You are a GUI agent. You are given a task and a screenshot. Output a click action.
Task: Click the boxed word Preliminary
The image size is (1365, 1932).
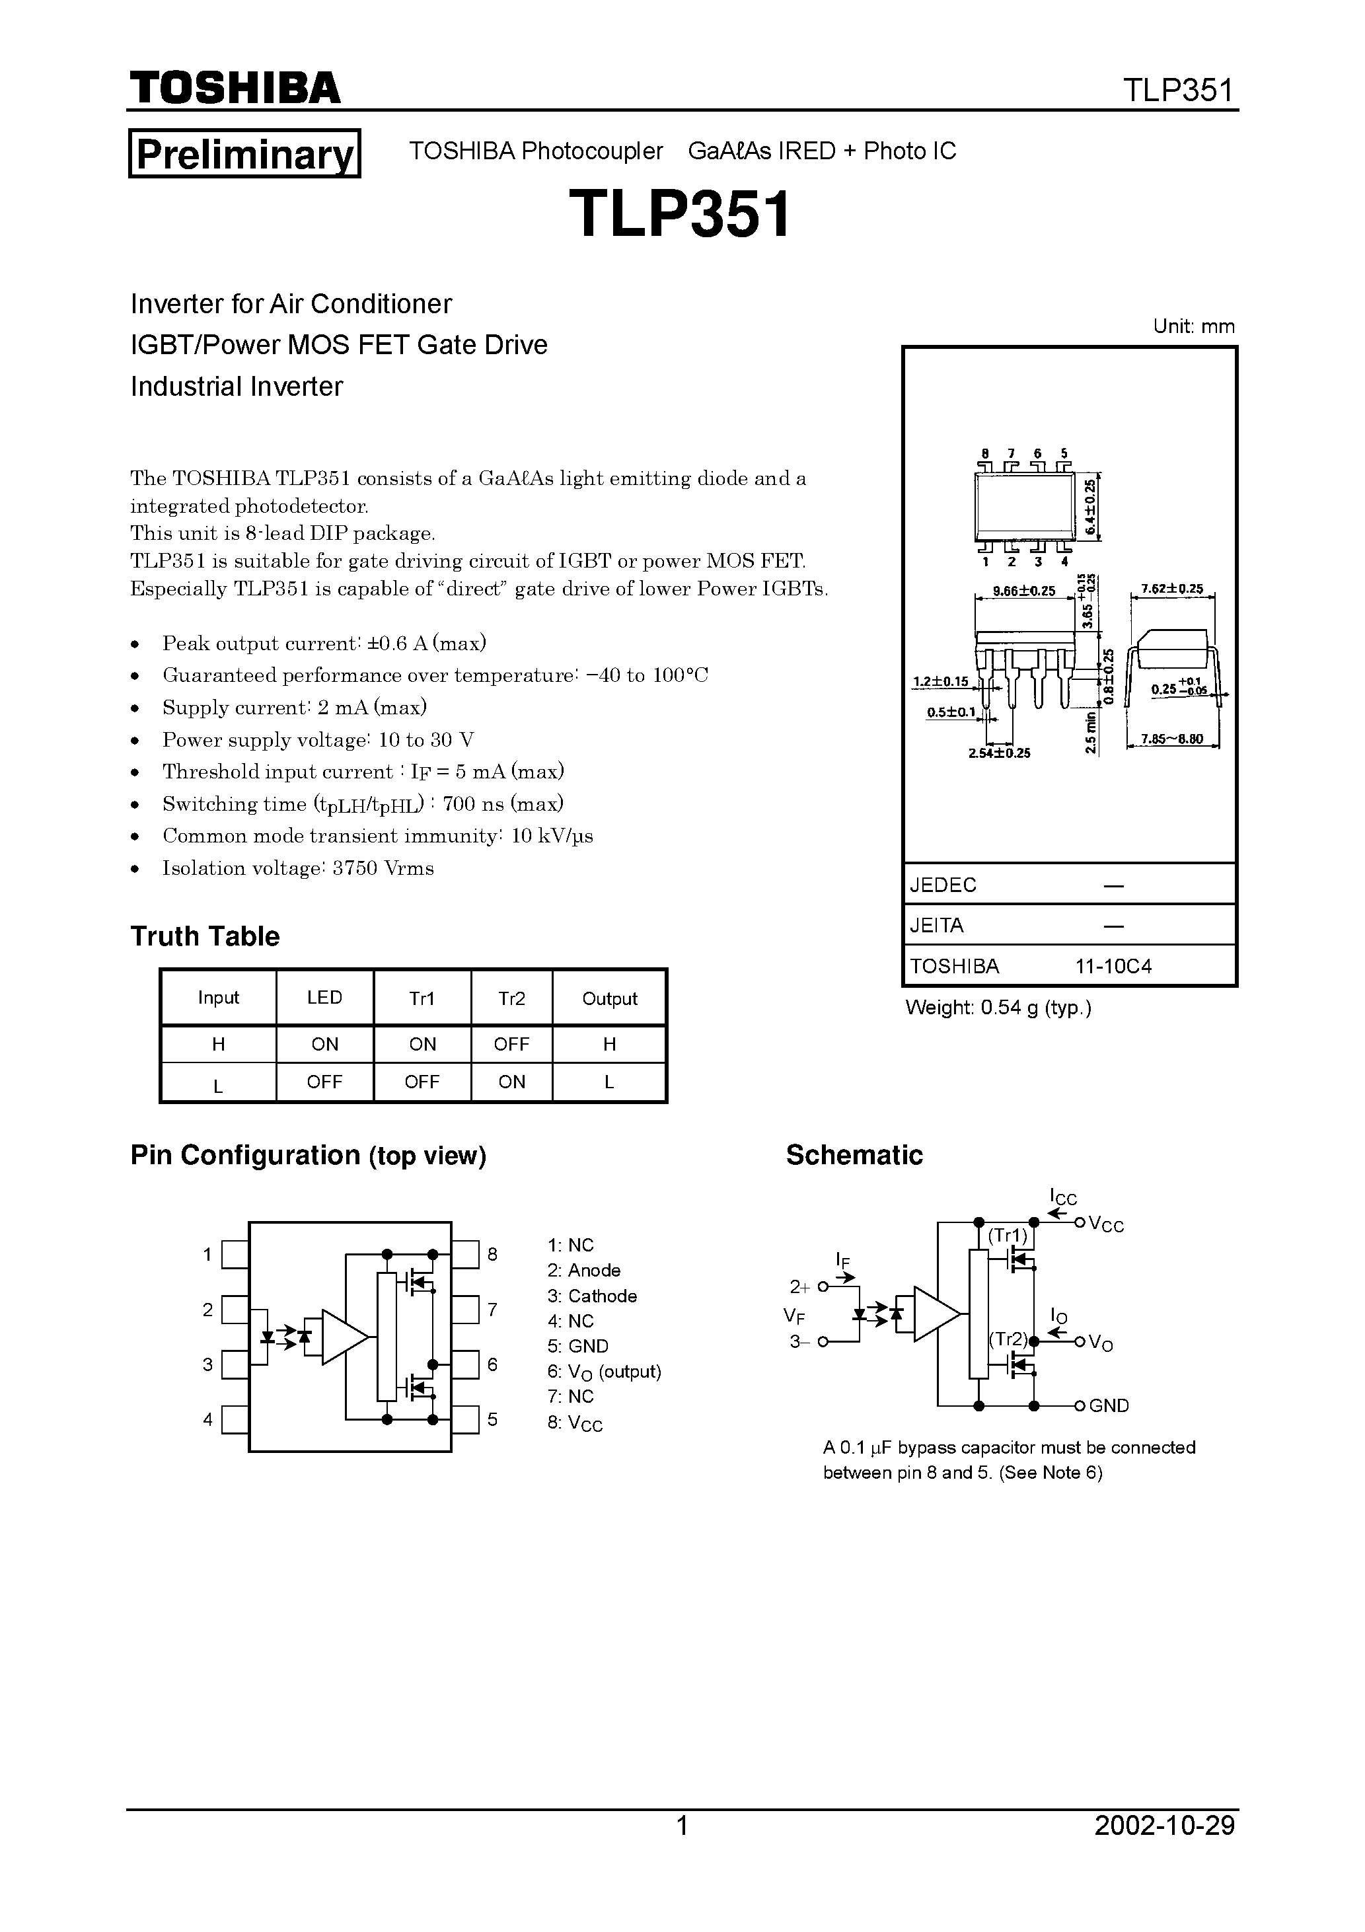point(244,154)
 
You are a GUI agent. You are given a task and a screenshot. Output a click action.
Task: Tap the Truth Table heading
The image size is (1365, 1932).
point(205,936)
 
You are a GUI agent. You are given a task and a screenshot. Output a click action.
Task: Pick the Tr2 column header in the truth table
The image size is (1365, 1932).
point(511,998)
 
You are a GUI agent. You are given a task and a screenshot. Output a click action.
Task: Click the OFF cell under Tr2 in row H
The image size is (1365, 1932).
point(511,1044)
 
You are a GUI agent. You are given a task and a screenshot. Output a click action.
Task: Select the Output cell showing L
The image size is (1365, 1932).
point(609,1082)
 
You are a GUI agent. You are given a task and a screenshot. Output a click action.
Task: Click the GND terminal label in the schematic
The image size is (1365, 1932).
point(1109,1406)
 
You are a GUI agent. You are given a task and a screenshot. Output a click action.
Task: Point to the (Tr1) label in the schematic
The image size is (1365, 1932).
point(1008,1236)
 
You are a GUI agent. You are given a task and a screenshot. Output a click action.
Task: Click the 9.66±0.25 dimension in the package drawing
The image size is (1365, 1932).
point(1023,591)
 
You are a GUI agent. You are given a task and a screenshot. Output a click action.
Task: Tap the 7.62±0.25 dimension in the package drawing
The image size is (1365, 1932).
point(1171,589)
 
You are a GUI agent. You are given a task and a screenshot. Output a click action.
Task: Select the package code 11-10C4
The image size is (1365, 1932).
point(1113,966)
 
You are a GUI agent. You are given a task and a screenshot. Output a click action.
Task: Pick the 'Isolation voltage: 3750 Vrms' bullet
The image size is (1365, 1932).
point(298,868)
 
